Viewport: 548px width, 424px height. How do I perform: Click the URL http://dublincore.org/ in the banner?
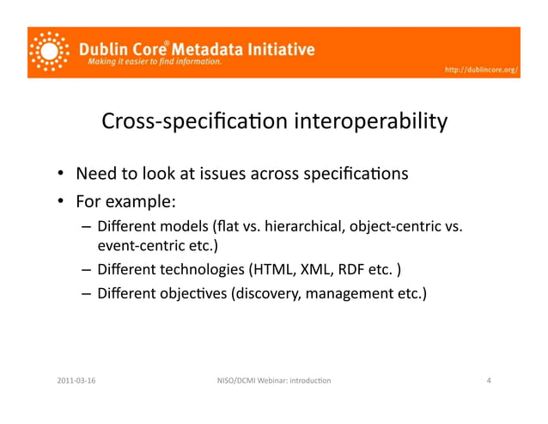point(481,69)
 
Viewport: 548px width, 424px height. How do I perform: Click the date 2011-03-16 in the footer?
point(76,379)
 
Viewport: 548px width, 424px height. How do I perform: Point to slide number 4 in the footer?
point(488,379)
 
